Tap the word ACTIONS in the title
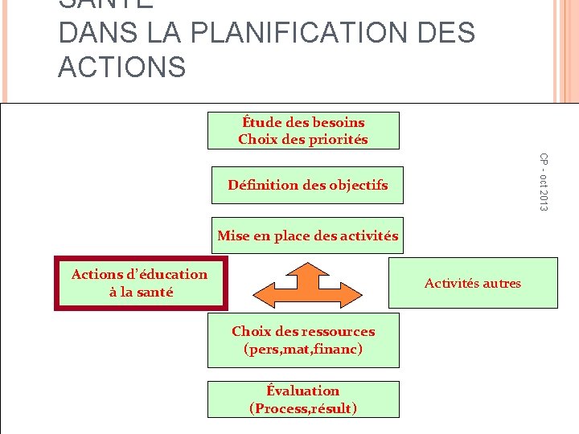click(121, 67)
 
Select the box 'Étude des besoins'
click(303, 130)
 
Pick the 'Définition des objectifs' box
click(307, 185)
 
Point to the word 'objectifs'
click(355, 185)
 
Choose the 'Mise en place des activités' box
click(307, 236)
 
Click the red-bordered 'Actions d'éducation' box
click(140, 283)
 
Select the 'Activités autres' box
click(473, 283)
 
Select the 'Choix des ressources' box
click(303, 340)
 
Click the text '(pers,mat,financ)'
click(303, 350)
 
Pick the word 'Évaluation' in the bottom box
click(303, 391)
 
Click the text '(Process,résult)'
click(303, 408)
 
